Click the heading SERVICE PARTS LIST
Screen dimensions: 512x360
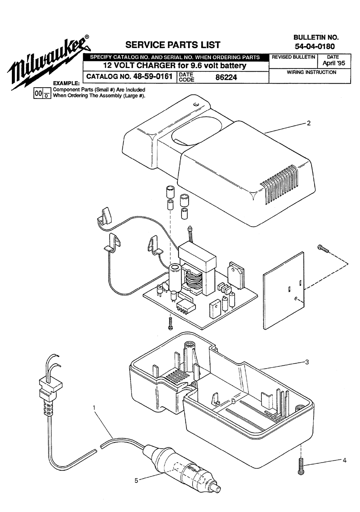[x=172, y=45]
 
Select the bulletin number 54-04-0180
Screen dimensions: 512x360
[x=314, y=46]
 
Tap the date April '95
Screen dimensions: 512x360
[x=333, y=63]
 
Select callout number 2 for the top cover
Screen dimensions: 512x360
[x=309, y=123]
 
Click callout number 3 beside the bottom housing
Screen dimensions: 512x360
[x=307, y=362]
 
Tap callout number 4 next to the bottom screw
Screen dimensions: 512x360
[x=344, y=460]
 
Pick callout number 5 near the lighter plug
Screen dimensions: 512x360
[x=136, y=480]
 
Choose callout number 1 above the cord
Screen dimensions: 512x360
[x=94, y=408]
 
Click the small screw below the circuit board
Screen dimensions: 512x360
[x=171, y=323]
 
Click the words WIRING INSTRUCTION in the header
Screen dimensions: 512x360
[x=311, y=72]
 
